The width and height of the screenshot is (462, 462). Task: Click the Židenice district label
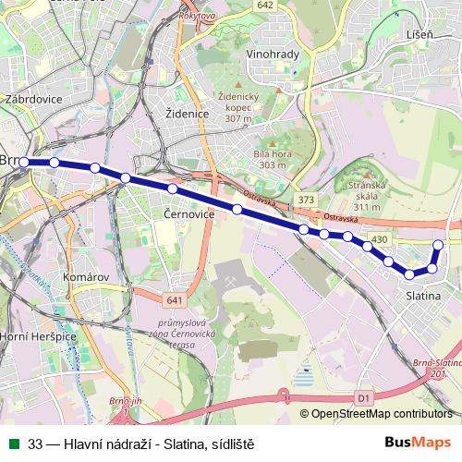pyautogui.click(x=185, y=114)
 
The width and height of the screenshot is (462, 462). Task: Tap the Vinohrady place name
pyautogui.click(x=273, y=55)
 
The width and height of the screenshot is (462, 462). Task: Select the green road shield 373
pyautogui.click(x=307, y=200)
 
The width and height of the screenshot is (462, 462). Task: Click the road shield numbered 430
pyautogui.click(x=380, y=239)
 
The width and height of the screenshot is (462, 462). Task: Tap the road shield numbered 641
pyautogui.click(x=176, y=299)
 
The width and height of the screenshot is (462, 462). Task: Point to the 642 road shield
pyautogui.click(x=266, y=6)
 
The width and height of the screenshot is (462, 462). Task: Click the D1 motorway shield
pyautogui.click(x=362, y=397)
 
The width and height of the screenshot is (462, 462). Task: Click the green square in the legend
pyautogui.click(x=13, y=443)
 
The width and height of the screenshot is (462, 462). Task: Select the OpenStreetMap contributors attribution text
pyautogui.click(x=382, y=413)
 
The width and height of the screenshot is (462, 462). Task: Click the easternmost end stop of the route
pyautogui.click(x=439, y=244)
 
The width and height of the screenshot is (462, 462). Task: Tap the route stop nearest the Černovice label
pyautogui.click(x=173, y=188)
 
